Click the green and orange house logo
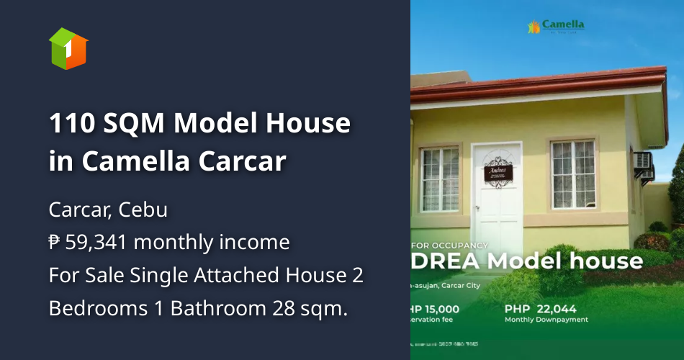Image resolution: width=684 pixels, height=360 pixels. (x=68, y=48)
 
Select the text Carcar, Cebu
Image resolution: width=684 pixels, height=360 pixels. (x=108, y=210)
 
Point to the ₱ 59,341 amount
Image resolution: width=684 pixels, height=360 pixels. (x=87, y=242)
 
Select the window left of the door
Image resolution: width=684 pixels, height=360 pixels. (x=440, y=179)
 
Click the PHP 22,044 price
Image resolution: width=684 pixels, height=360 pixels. (x=541, y=309)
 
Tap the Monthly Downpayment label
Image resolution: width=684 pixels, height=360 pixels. (x=546, y=320)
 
